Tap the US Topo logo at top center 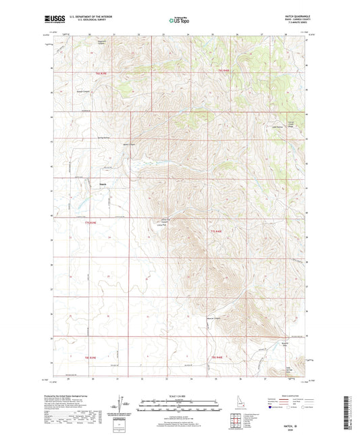coord(177,21)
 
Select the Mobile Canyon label coord(130,143)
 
